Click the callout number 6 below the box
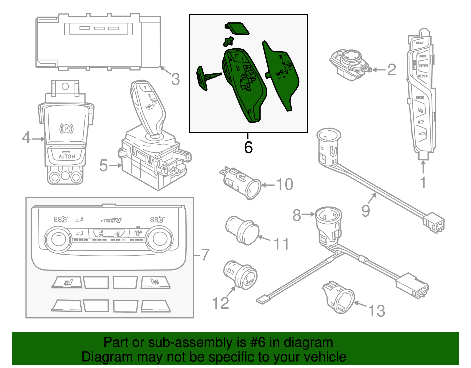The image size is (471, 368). point(248,147)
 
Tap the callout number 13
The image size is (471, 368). point(377,311)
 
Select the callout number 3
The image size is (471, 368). point(175,79)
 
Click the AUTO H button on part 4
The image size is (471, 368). point(67,156)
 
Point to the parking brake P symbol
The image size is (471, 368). point(67,128)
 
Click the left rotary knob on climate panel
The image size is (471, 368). point(58,239)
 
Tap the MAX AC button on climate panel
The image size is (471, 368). point(138,233)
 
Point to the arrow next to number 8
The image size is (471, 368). point(309,214)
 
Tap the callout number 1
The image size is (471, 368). point(423,183)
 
